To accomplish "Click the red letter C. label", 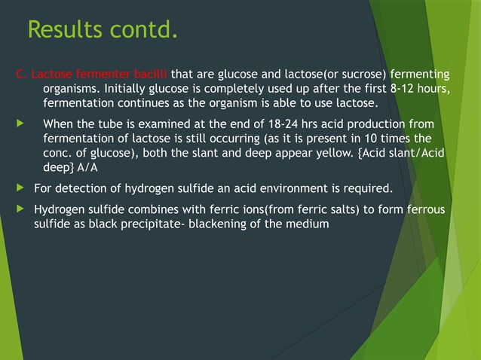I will pos(22,74).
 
